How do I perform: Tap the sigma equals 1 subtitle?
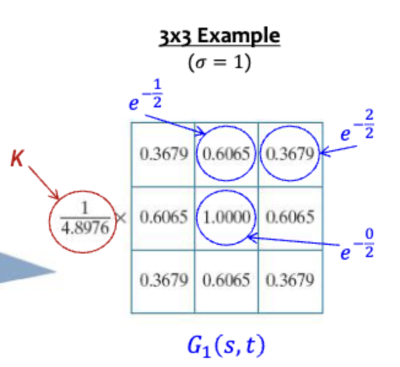[219, 63]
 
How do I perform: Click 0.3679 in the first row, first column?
[163, 153]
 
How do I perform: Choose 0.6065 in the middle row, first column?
[163, 217]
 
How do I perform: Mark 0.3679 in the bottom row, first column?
[163, 280]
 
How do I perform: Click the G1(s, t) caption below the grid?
[226, 346]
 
